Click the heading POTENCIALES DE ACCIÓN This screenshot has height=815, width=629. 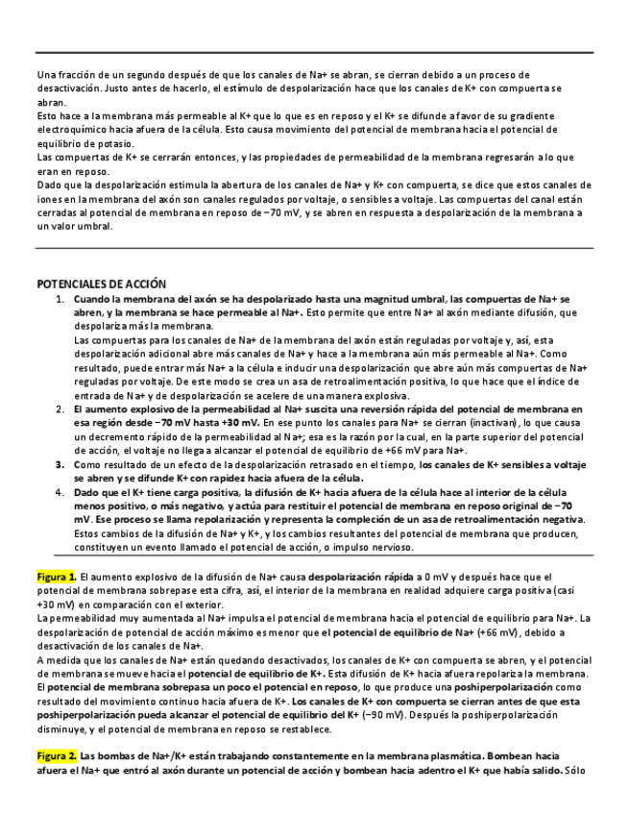101,284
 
